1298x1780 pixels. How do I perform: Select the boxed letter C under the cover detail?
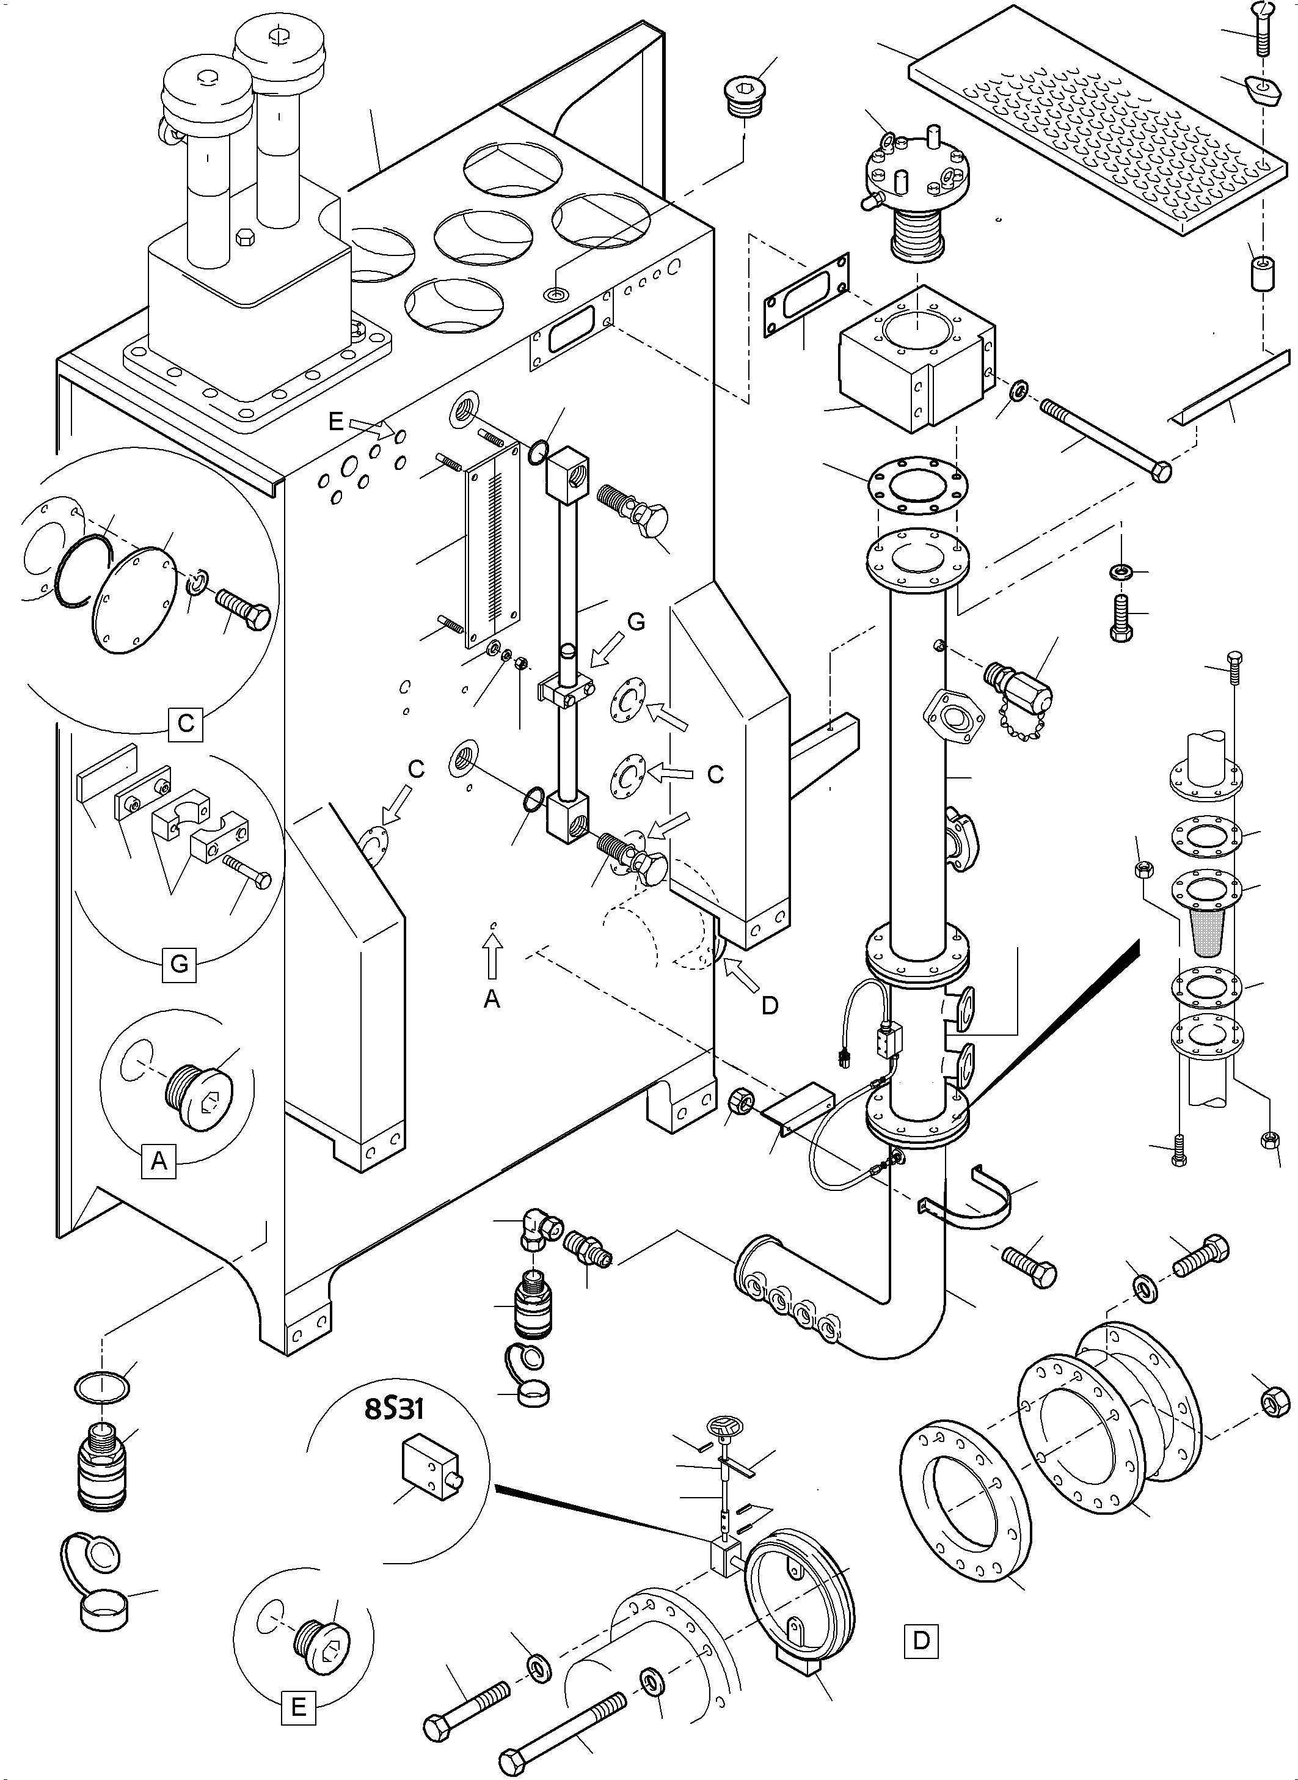click(186, 722)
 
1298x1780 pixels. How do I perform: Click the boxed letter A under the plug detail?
click(159, 1160)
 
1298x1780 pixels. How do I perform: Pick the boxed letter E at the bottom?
click(299, 1707)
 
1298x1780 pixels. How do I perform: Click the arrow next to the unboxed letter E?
click(367, 427)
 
